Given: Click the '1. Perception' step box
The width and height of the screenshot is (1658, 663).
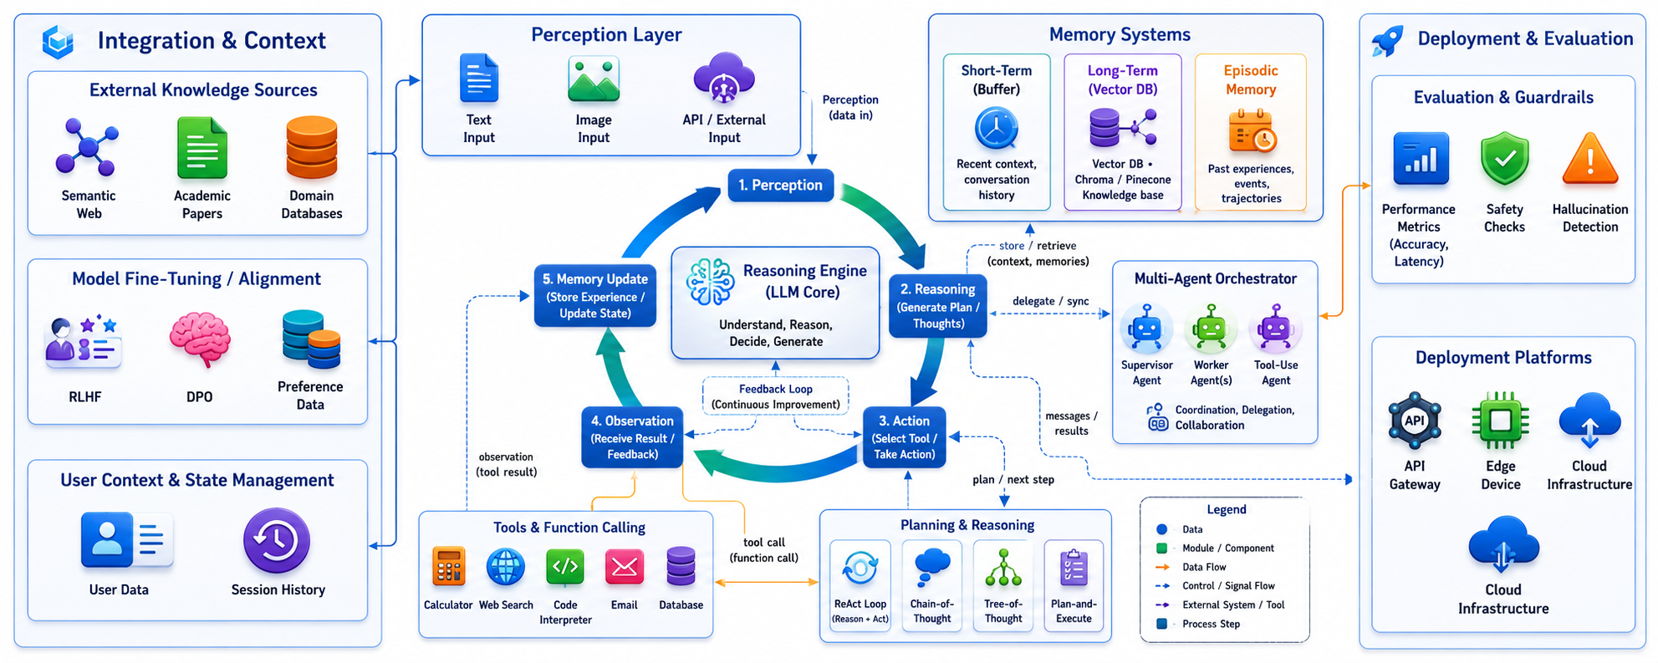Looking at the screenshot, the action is (x=780, y=185).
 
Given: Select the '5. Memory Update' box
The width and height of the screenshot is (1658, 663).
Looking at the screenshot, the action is (x=595, y=295).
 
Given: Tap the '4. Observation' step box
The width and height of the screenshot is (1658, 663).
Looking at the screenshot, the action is (x=632, y=437).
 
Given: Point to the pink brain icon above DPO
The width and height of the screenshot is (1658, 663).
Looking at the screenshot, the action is (x=200, y=339).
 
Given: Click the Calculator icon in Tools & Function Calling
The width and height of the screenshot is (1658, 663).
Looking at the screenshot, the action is (x=448, y=568).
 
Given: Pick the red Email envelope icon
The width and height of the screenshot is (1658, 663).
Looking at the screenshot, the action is (x=624, y=568).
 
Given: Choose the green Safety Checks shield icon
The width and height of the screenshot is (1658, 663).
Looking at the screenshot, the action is (x=1504, y=159).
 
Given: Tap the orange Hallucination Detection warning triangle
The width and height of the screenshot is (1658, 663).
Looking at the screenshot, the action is (x=1590, y=159).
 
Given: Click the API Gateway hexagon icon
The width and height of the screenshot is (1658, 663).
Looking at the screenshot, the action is (x=1415, y=421).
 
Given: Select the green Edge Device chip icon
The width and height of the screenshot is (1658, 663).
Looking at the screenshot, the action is (x=1501, y=421).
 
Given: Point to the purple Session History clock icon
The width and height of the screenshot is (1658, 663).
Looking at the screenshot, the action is (x=277, y=540).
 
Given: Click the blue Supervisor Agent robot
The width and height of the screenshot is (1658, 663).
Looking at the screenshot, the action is (x=1145, y=328).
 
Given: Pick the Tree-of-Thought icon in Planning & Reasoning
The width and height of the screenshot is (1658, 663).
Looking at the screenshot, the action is (x=1003, y=568).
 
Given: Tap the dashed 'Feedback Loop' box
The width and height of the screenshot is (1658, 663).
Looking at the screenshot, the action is (x=775, y=396).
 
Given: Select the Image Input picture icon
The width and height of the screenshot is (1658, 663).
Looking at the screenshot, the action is (x=594, y=79).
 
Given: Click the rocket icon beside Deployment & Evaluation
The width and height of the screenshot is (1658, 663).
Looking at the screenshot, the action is (x=1388, y=40).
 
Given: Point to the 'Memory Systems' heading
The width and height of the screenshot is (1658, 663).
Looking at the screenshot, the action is (x=1120, y=34).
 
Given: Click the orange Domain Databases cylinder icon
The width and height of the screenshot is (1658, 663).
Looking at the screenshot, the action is (x=312, y=148).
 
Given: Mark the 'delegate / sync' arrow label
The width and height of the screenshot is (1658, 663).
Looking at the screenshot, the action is (x=1050, y=301).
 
